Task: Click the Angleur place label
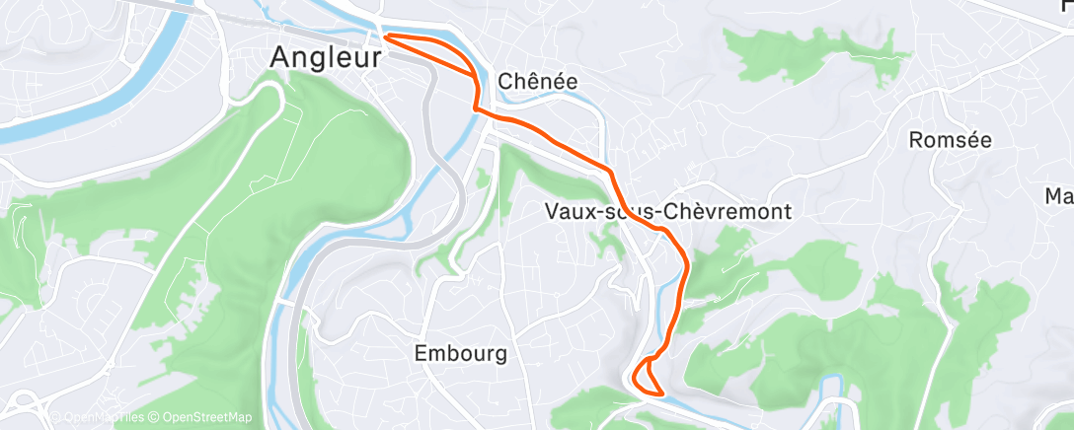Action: (x=326, y=58)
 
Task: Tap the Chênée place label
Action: (x=538, y=81)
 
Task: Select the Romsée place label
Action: (x=949, y=140)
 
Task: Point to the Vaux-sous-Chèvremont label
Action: (x=668, y=211)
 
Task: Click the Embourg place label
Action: (x=461, y=353)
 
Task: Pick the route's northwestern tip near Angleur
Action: (x=385, y=36)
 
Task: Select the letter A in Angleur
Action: (x=281, y=58)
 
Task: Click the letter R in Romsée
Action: (x=914, y=140)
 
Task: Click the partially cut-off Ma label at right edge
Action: (x=1059, y=196)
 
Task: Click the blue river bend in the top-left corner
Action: (x=148, y=69)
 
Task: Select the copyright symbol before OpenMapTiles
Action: (x=54, y=418)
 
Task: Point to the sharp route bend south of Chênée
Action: (x=477, y=106)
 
